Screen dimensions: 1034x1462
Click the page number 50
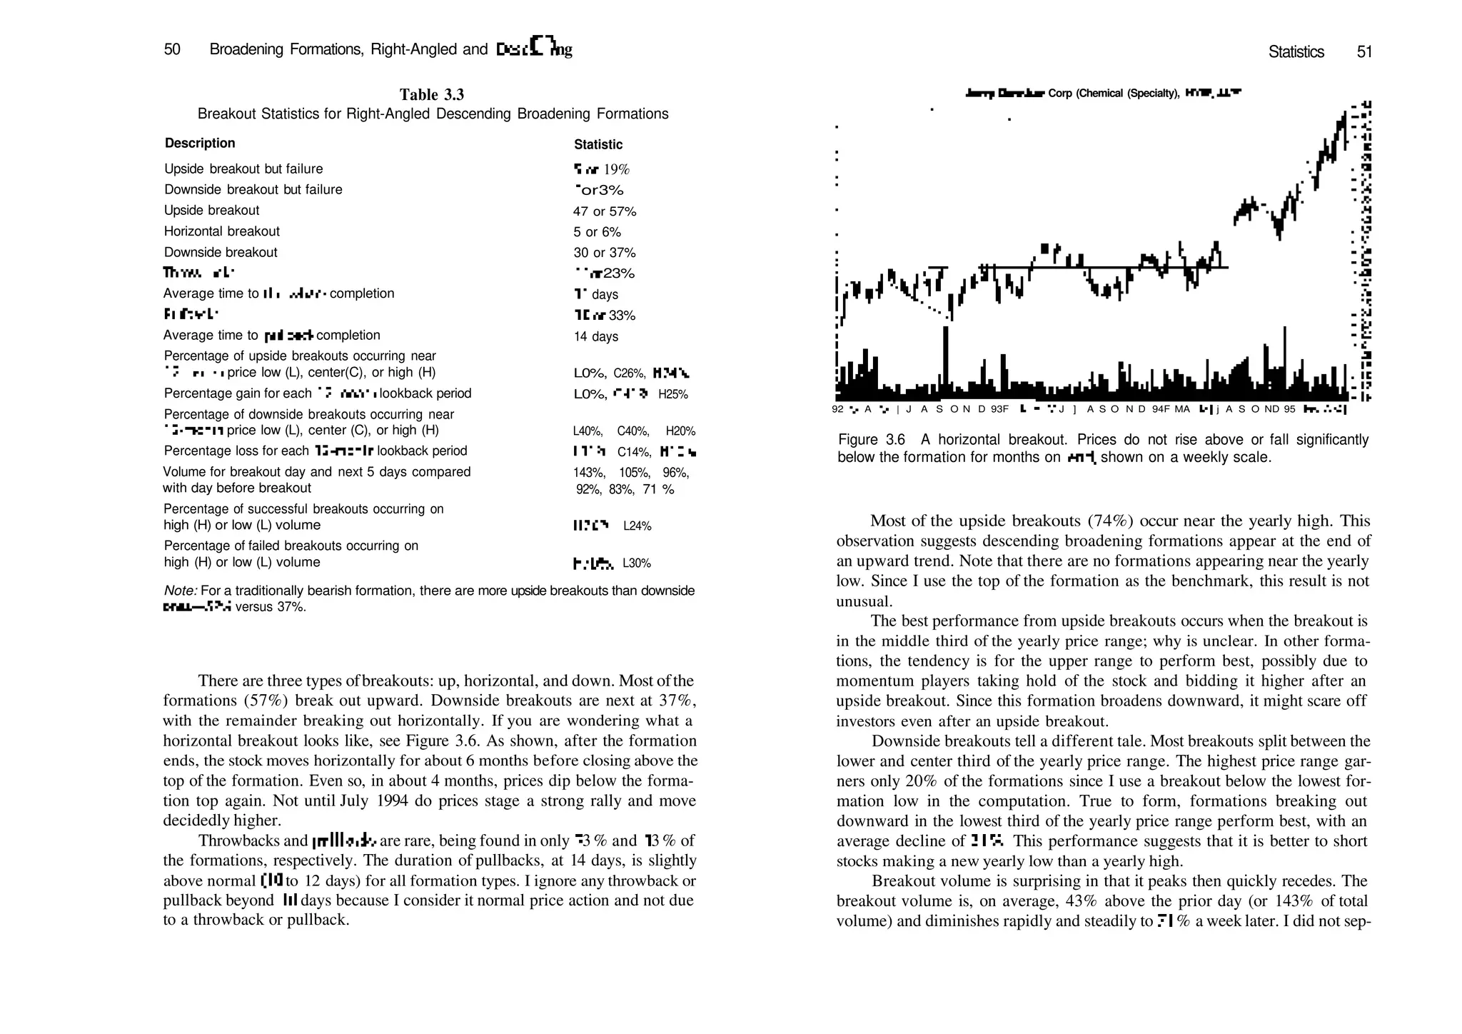click(x=172, y=49)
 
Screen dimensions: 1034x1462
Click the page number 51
click(x=1364, y=51)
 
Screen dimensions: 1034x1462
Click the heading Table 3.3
click(x=431, y=95)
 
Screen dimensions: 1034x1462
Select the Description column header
click(x=200, y=143)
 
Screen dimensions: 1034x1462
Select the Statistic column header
click(x=598, y=144)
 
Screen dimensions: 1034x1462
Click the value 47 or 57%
click(x=604, y=211)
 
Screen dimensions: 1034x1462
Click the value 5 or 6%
click(x=597, y=232)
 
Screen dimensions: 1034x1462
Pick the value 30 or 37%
click(x=604, y=253)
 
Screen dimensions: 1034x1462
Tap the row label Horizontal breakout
click(x=221, y=231)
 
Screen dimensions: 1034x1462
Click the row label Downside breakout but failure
click(x=253, y=189)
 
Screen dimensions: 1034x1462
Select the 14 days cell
click(x=595, y=336)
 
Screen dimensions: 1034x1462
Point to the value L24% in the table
click(x=637, y=526)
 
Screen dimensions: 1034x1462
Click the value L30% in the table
click(x=636, y=563)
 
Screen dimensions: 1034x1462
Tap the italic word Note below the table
click(x=180, y=591)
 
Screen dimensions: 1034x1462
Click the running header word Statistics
click(x=1296, y=51)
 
